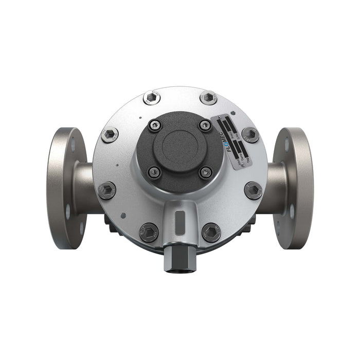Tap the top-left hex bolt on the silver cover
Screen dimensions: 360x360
point(152,97)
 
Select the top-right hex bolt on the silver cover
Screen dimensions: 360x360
point(208,97)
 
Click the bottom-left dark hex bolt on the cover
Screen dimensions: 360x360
point(150,232)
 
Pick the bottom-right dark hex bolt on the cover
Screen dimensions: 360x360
point(211,232)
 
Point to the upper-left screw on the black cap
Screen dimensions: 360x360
point(155,125)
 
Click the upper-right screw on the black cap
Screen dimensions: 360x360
point(205,125)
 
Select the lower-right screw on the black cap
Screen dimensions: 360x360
point(205,172)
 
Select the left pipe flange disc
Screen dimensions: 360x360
point(66,188)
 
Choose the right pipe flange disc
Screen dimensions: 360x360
point(294,188)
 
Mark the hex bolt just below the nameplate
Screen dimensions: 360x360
point(250,135)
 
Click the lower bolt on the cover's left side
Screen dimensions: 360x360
point(107,190)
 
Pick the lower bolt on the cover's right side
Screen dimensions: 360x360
point(253,190)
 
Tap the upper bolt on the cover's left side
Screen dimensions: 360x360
point(110,135)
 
